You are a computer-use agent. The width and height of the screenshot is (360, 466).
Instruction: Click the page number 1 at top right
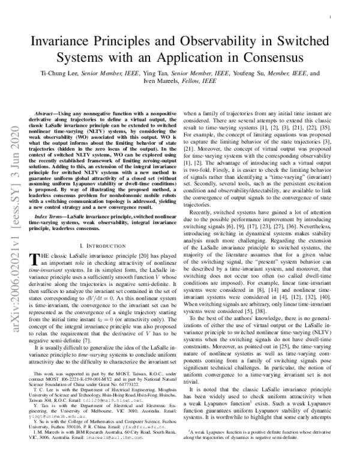pos(332,18)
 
